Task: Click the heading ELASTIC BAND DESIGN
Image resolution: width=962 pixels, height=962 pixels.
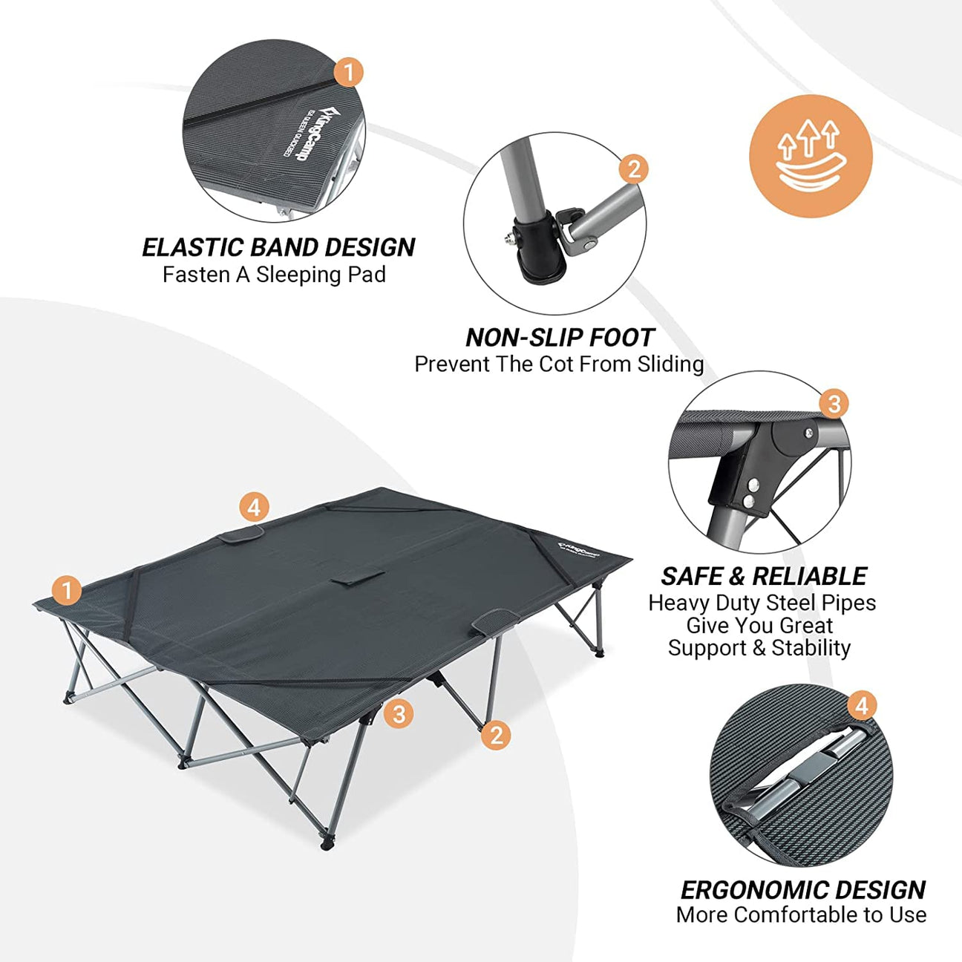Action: coord(278,247)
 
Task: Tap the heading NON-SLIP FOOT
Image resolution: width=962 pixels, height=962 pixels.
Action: coord(560,338)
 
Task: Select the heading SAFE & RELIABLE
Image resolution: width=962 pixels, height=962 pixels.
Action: coord(764,576)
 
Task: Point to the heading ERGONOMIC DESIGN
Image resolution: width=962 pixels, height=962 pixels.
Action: coord(802,889)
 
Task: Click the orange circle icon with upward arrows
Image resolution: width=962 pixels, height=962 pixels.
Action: coord(811,157)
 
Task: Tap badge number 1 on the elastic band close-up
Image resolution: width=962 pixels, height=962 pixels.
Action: coord(348,73)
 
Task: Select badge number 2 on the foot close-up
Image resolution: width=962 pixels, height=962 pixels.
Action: coord(633,169)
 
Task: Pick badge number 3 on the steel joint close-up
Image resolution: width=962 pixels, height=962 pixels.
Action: coord(834,404)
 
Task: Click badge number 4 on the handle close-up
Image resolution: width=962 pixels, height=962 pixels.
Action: coord(861,705)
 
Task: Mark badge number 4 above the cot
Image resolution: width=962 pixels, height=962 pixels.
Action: coord(254,508)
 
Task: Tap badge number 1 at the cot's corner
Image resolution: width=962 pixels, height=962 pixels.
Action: coord(67,591)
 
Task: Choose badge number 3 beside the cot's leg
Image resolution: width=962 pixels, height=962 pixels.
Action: coord(399,714)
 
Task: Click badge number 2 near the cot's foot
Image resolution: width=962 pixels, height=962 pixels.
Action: coord(496,735)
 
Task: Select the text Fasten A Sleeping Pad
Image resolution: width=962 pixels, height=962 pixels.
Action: coord(274,275)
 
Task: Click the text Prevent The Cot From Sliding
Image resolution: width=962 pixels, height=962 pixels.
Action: coord(559,364)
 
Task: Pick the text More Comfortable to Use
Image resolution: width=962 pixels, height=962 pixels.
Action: coord(801,914)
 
